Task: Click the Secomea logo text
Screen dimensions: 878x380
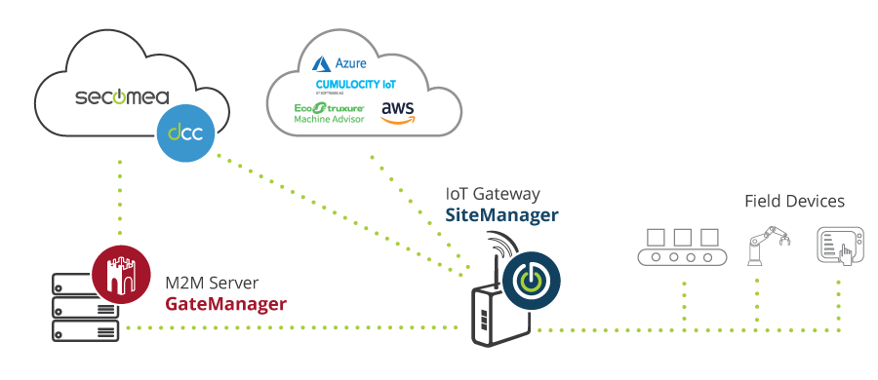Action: click(122, 96)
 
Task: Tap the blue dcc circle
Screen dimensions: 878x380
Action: click(186, 133)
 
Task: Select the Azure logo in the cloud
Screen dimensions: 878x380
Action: click(339, 63)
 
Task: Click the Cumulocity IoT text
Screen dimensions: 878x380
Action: click(355, 85)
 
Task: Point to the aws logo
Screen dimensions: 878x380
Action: click(398, 112)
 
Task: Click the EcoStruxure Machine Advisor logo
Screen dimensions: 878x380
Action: click(330, 112)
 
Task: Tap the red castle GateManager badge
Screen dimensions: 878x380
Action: click(121, 275)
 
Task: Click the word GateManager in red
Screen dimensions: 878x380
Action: click(225, 304)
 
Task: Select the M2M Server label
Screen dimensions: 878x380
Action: click(212, 284)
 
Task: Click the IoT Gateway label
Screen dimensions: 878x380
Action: click(493, 194)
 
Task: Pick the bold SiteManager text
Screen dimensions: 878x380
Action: click(501, 215)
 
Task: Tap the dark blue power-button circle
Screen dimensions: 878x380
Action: click(532, 279)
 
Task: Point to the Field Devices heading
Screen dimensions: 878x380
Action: click(794, 201)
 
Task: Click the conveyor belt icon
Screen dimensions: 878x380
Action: click(683, 247)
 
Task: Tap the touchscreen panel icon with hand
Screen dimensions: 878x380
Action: click(836, 247)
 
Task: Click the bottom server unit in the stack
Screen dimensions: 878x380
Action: click(86, 330)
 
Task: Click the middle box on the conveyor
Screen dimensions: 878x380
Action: click(683, 237)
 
